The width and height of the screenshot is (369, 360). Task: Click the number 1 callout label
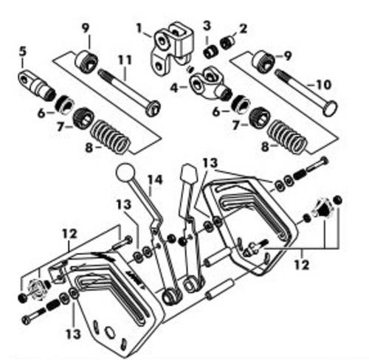tap(139, 29)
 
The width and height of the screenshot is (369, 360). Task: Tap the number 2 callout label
tap(243, 29)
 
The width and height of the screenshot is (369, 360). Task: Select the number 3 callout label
tap(207, 26)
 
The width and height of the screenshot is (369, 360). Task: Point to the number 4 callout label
tap(174, 89)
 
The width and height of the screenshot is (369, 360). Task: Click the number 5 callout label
tap(23, 52)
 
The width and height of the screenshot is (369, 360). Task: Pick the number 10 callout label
tap(323, 85)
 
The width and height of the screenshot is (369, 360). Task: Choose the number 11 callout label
tap(125, 60)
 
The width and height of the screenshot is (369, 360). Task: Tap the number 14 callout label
tap(155, 180)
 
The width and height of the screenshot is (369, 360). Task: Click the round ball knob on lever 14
tap(125, 173)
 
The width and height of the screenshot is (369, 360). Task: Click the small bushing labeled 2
tap(227, 43)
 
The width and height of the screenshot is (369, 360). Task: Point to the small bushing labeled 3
tap(211, 52)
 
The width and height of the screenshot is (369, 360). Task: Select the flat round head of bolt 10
tap(330, 108)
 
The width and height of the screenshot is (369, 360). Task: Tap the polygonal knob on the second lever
tap(188, 173)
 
